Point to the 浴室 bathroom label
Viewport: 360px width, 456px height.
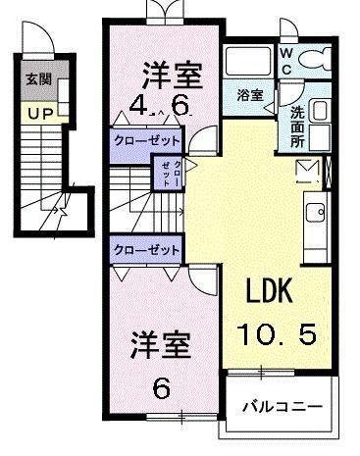pyautogui.click(x=250, y=95)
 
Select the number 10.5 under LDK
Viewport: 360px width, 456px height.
pyautogui.click(x=277, y=336)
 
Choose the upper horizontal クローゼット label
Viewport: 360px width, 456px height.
pyautogui.click(x=145, y=142)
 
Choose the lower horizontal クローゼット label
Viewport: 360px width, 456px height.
pyautogui.click(x=145, y=250)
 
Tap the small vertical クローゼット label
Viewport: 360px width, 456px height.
pyautogui.click(x=165, y=175)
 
